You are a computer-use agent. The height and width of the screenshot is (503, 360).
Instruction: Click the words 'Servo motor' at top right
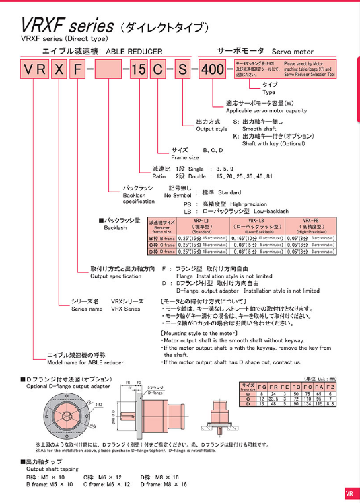(293, 52)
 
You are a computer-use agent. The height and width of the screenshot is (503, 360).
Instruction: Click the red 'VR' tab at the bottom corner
(349, 493)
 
